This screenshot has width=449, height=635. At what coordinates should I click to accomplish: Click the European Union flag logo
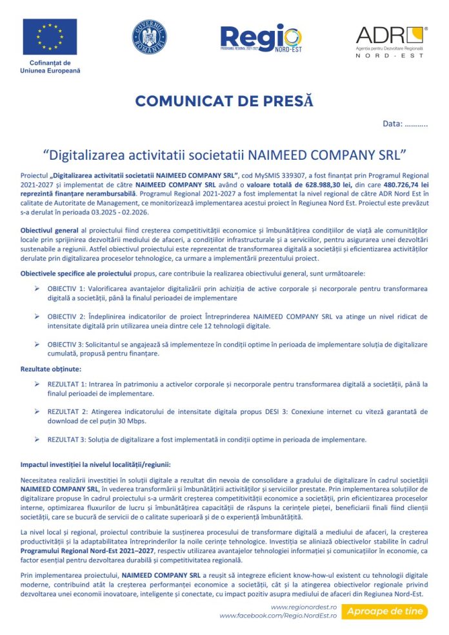click(x=50, y=36)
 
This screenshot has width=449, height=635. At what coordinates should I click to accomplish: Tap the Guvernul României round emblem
click(x=149, y=37)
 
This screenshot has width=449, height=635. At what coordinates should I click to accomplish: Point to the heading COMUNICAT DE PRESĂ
click(x=224, y=100)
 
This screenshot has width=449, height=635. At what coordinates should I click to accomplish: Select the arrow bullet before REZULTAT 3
click(x=37, y=439)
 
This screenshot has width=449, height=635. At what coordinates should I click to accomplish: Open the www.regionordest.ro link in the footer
click(x=304, y=607)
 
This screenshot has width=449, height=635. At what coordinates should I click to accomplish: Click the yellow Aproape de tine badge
click(x=385, y=611)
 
